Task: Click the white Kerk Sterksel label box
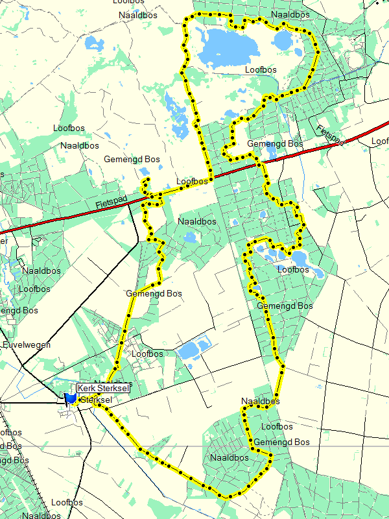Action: click(102, 388)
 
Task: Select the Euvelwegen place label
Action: click(27, 345)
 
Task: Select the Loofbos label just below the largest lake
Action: click(261, 69)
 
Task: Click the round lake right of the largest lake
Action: click(283, 41)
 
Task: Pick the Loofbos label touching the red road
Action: click(192, 181)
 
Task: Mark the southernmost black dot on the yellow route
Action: click(228, 497)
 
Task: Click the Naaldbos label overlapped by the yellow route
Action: click(260, 402)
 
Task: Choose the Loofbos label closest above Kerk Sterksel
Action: click(147, 354)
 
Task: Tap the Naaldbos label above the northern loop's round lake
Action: click(290, 14)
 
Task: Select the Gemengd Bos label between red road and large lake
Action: click(276, 143)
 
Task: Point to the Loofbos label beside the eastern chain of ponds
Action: click(293, 269)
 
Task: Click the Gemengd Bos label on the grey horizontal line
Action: click(282, 442)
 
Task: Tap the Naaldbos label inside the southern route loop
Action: click(230, 457)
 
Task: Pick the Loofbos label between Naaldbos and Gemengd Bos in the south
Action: click(277, 427)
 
